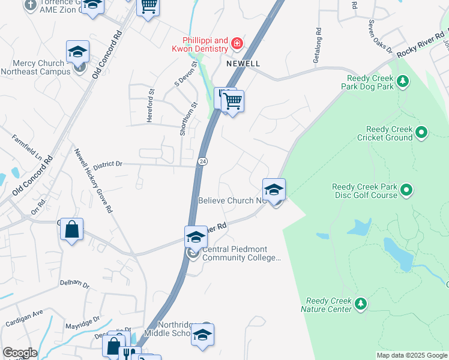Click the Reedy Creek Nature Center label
[325, 305]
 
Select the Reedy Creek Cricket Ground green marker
[421, 132]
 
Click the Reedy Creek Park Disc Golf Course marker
[406, 191]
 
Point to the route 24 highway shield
[203, 161]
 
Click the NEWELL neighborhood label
[243, 64]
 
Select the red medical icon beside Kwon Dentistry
[237, 43]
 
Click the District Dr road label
[107, 163]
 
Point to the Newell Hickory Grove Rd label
[94, 181]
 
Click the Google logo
[20, 352]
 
